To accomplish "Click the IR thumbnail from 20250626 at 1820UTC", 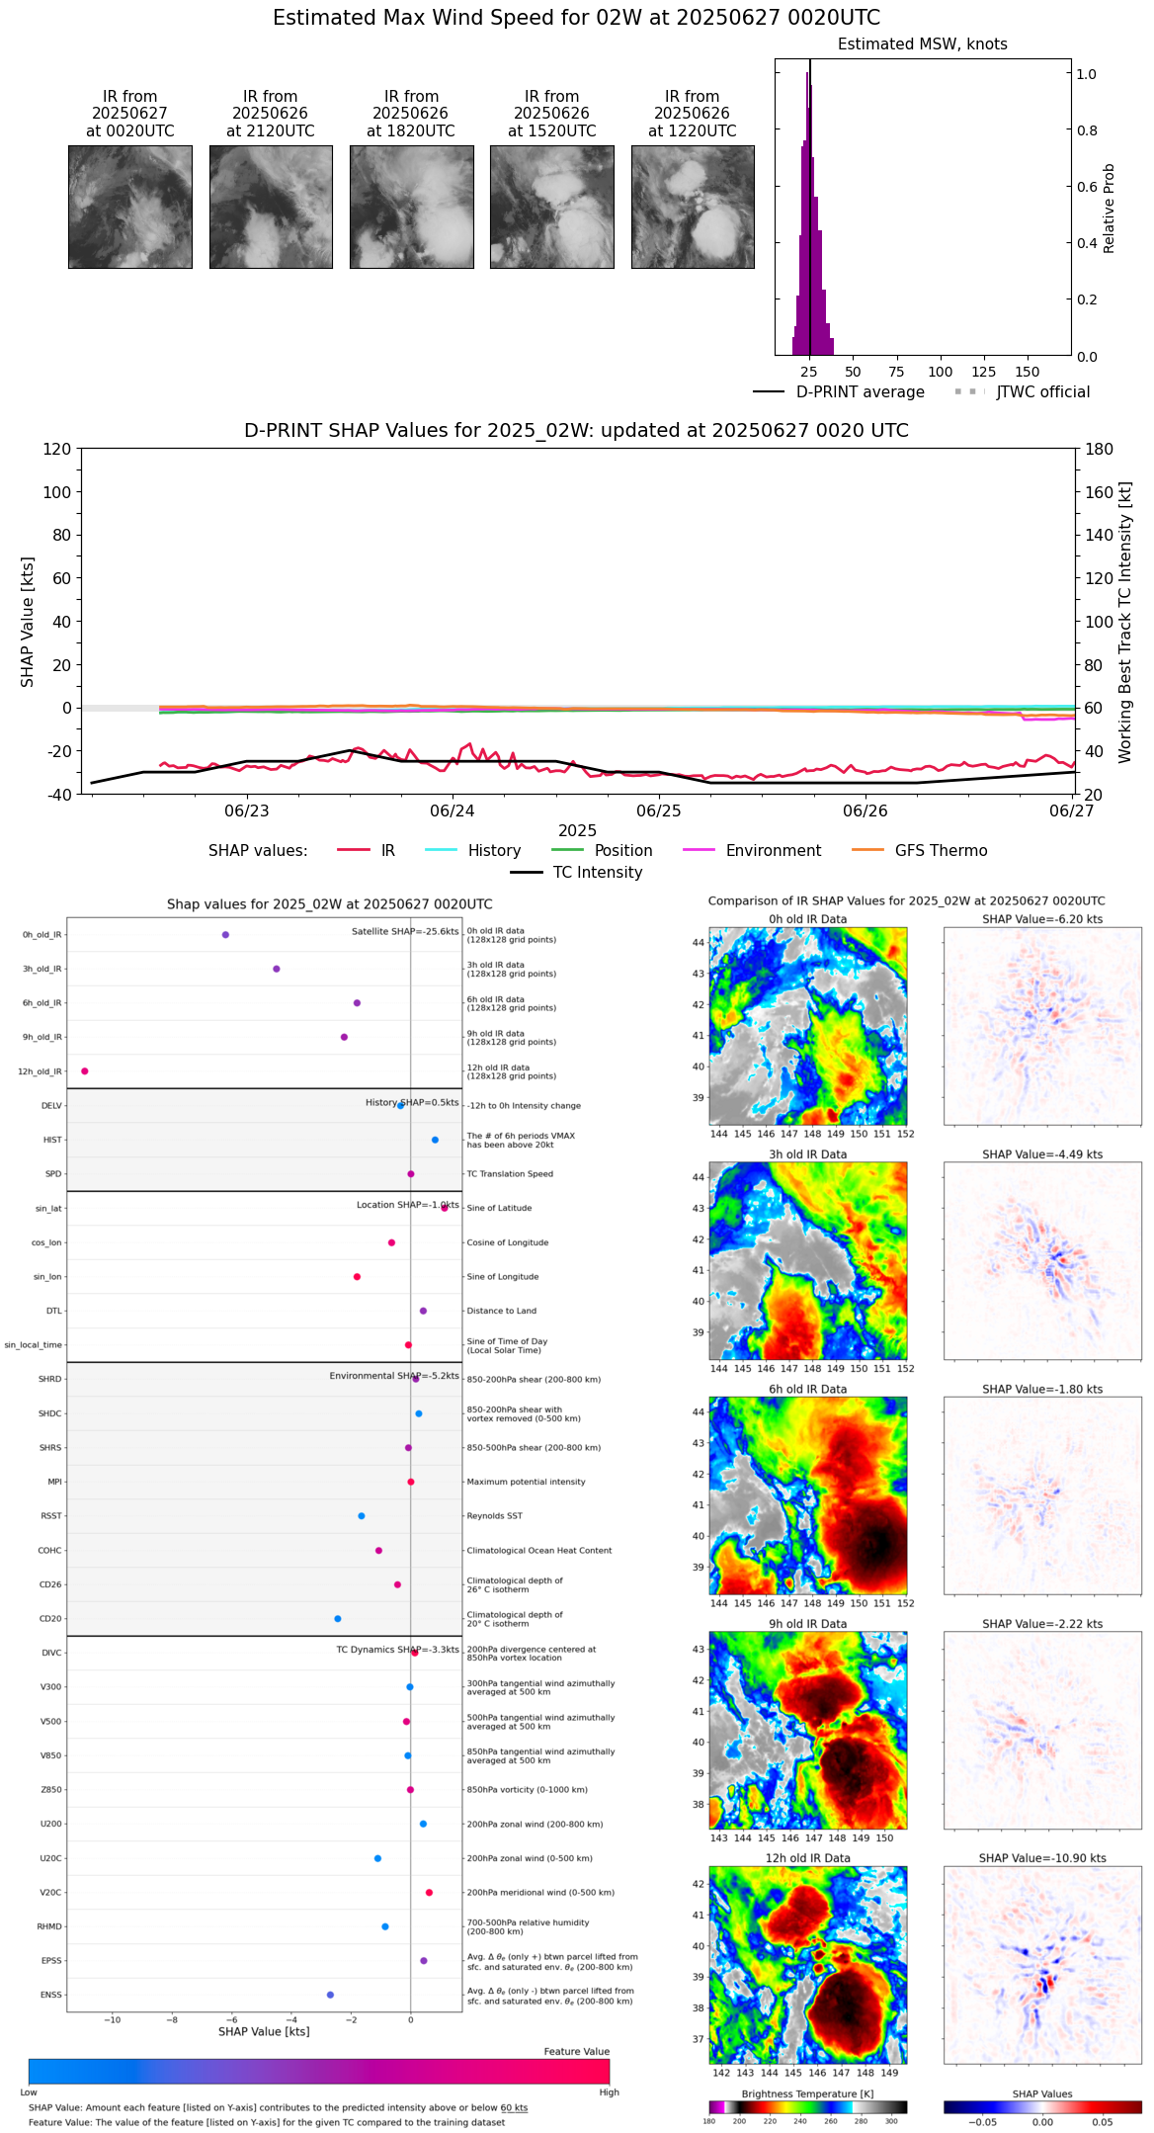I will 411,207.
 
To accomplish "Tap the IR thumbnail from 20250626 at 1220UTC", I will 693,207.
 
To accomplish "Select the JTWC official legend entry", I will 1042,392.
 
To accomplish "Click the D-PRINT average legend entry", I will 860,392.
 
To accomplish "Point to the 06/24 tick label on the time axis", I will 453,811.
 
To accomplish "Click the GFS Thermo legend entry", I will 941,851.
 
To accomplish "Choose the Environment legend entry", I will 773,851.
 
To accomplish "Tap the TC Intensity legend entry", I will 597,873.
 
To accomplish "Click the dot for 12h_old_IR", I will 85,1071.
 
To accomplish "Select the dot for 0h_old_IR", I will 225,935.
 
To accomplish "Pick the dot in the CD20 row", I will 338,1619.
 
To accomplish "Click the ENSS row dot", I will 330,1995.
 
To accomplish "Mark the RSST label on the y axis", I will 51,1516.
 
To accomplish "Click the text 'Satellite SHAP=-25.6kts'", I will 405,932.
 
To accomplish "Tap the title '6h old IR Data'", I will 807,1389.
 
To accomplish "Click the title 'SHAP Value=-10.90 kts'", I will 1042,1858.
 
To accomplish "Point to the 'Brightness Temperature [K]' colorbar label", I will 807,2093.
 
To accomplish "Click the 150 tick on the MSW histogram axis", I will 1028,373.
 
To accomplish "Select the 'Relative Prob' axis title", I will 1110,208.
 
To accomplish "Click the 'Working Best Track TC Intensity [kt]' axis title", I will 1125,623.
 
